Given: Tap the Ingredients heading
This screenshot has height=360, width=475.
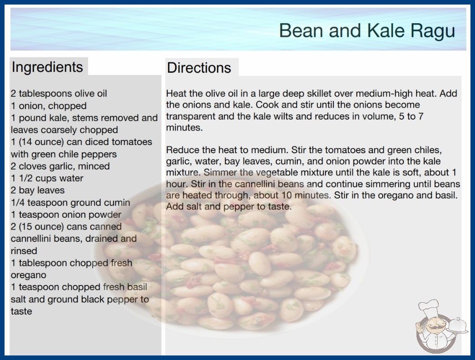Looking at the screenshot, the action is click(47, 67).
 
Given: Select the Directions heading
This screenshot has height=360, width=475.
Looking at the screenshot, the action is click(199, 68).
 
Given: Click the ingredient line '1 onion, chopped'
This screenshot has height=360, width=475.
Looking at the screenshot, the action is click(49, 106).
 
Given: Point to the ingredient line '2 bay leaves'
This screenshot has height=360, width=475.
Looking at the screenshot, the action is click(38, 190).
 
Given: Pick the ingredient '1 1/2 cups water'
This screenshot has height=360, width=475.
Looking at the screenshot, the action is click(47, 178).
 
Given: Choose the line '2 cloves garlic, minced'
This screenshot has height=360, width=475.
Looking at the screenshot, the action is click(60, 166).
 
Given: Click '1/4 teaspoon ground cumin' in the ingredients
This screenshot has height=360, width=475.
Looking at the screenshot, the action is click(70, 203).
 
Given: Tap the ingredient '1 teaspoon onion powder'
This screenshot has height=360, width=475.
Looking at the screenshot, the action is click(66, 215).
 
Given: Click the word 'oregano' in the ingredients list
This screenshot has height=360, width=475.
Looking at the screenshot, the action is click(29, 275).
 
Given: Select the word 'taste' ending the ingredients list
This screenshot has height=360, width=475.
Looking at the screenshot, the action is click(21, 311).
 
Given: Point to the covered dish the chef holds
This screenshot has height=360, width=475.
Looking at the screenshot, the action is click(458, 326).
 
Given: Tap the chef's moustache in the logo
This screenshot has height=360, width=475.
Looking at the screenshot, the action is click(433, 328).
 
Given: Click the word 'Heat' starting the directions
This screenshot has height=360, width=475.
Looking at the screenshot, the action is click(176, 94).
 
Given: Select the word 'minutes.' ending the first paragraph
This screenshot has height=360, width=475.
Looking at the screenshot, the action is click(184, 127).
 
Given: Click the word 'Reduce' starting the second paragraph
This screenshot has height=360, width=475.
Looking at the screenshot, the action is click(181, 150).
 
